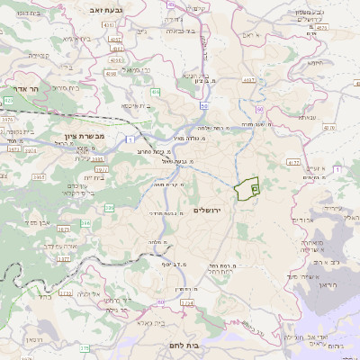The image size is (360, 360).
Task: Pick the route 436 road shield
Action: pos(156,92)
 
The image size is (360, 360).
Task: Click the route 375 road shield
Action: pos(83,347)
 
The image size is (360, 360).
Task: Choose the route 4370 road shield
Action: pos(320,28)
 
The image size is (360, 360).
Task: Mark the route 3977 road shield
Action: pos(102,167)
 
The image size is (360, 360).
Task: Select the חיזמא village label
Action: pos(314,64)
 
